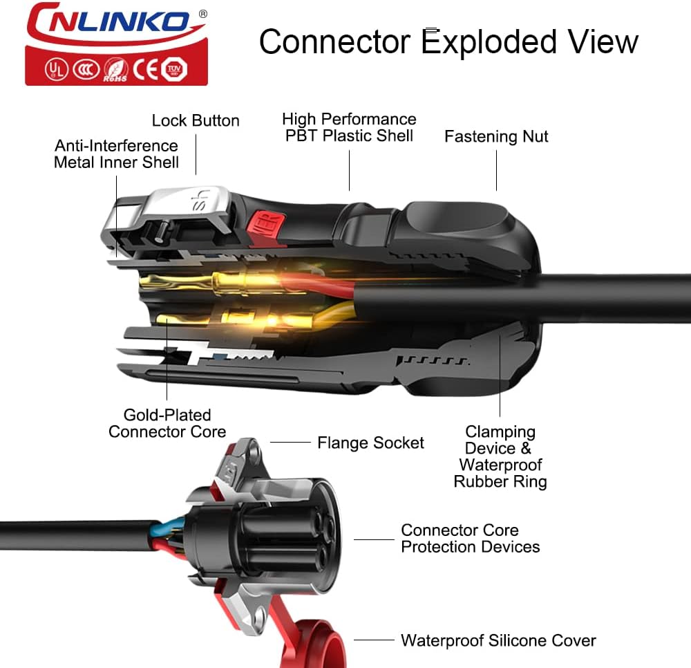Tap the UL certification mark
click(x=56, y=70)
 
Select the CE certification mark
click(x=145, y=70)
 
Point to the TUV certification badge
click(x=175, y=69)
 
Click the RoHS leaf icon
click(x=116, y=71)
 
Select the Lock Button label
click(x=196, y=120)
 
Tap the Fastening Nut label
click(x=496, y=137)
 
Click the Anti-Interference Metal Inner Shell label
click(x=116, y=154)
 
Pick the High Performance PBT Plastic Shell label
click(x=349, y=127)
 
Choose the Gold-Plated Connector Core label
click(x=167, y=423)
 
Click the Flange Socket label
click(x=370, y=443)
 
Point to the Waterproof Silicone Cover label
click(x=498, y=640)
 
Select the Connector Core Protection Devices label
click(x=470, y=539)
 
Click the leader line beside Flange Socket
click(x=290, y=443)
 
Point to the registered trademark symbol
click(x=202, y=14)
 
